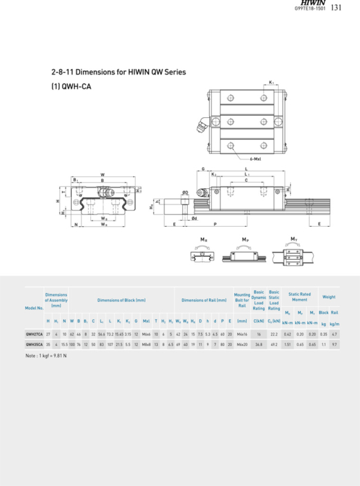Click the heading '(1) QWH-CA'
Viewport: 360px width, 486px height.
tap(71, 87)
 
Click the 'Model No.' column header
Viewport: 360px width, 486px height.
tap(34, 307)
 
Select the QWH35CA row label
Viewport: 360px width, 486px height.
tap(34, 343)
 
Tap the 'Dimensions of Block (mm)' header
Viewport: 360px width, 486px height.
tap(121, 300)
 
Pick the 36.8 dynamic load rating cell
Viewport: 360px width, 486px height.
tap(259, 343)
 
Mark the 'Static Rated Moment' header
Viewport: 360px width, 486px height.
tap(300, 296)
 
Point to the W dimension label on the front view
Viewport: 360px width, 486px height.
tap(103, 174)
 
